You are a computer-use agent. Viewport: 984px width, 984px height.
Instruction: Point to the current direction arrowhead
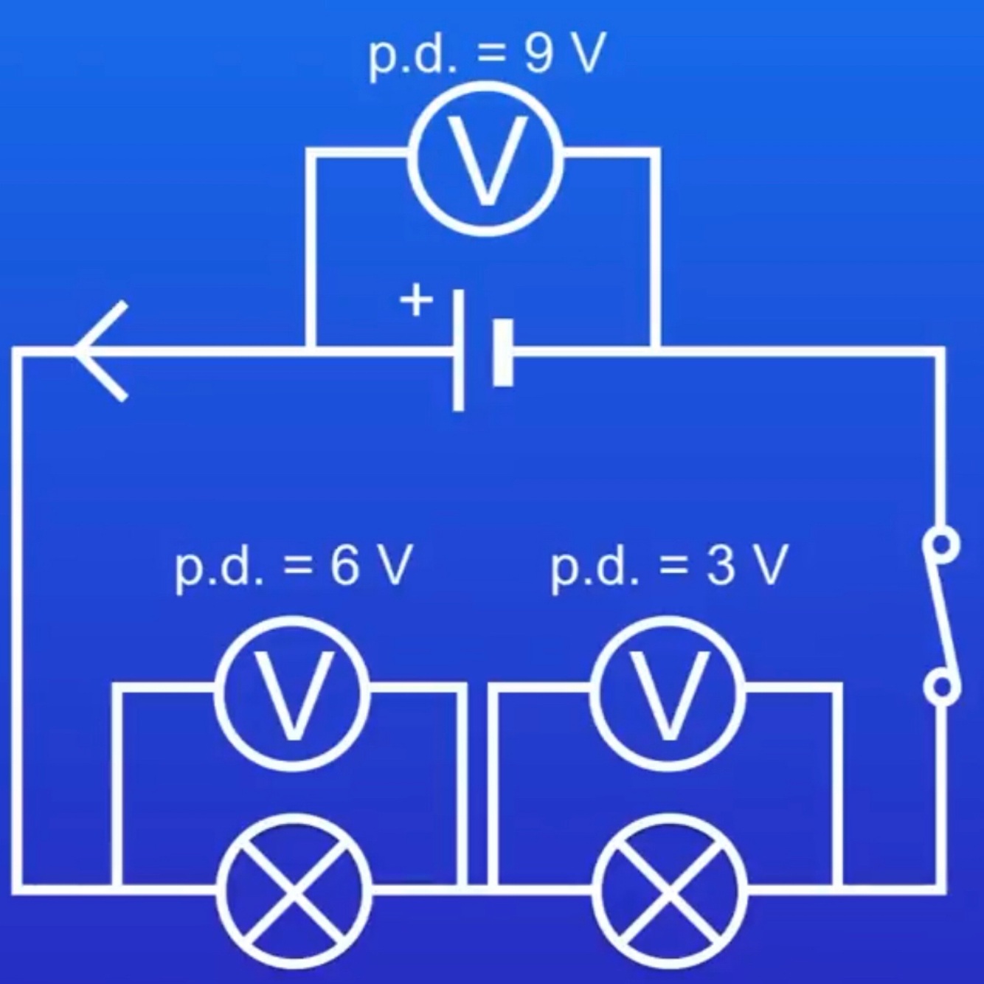coord(100,352)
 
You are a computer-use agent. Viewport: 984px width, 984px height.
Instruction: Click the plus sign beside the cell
coord(416,301)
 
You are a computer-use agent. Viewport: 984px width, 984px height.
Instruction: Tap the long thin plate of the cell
coord(459,351)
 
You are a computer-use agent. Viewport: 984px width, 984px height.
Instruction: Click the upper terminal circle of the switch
coord(941,544)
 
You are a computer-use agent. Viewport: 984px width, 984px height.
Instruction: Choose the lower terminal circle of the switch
coord(941,687)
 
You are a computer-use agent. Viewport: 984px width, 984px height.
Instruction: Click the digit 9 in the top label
coord(539,55)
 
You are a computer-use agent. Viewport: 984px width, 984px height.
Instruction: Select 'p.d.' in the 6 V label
coord(218,569)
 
